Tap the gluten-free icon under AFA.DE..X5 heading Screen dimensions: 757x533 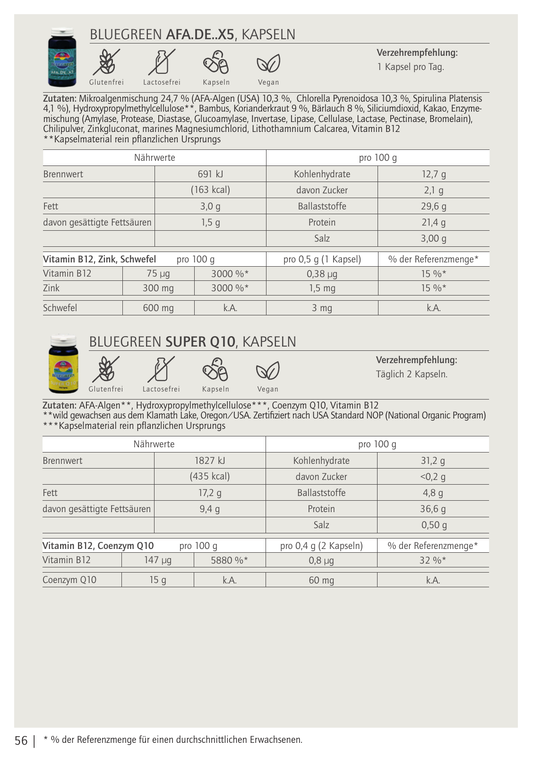tap(106, 62)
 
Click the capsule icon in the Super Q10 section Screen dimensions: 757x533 tap(215, 370)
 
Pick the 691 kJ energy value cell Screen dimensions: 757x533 tap(210, 174)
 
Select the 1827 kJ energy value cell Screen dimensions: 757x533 tap(210, 461)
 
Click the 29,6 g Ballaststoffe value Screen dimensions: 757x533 tap(434, 206)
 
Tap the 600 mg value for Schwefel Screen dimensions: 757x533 tap(158, 308)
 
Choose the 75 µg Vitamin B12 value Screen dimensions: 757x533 tap(158, 274)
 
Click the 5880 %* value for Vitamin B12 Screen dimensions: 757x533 tap(230, 560)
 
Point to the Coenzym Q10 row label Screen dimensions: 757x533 tap(69, 580)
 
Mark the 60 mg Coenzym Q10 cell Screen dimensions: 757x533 tap(321, 580)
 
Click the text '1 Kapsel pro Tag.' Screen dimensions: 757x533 tap(411, 67)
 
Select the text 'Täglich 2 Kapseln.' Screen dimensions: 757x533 tap(412, 374)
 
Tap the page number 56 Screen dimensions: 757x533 tap(21, 740)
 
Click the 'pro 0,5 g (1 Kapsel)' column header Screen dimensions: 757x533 tap(322, 259)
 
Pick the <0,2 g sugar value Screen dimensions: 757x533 tap(433, 477)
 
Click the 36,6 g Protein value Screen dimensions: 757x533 tap(433, 509)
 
